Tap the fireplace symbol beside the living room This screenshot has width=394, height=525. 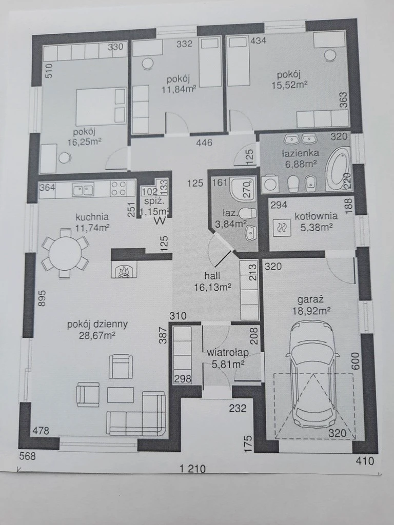(x=124, y=270)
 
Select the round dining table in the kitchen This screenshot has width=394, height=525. (x=65, y=253)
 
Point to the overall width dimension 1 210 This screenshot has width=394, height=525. (x=193, y=469)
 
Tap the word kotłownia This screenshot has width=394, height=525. (x=316, y=216)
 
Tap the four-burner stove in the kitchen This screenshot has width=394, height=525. (x=119, y=188)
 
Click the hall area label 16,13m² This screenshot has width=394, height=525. (x=213, y=287)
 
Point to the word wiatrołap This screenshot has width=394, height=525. (x=227, y=352)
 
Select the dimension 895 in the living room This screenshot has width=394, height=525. (x=42, y=298)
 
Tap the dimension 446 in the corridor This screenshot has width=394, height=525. (x=204, y=143)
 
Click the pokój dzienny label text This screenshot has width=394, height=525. (x=97, y=325)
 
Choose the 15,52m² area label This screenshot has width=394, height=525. (x=289, y=85)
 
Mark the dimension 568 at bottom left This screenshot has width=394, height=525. (x=27, y=456)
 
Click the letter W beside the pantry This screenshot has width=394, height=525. (x=160, y=221)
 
